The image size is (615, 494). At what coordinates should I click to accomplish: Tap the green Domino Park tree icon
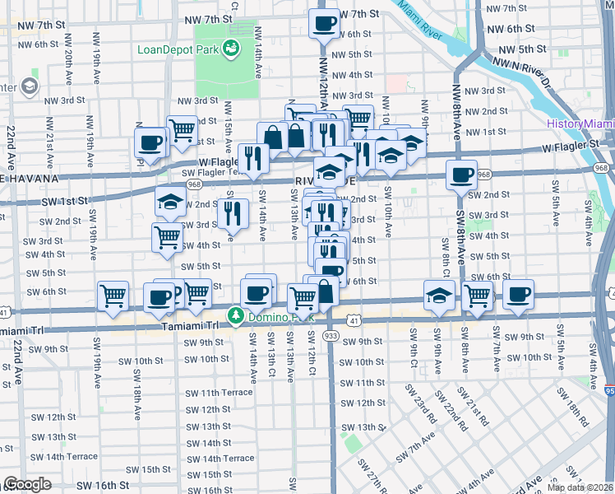click(x=235, y=315)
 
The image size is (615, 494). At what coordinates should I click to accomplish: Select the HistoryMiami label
click(x=580, y=124)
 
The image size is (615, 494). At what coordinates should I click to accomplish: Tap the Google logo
click(x=26, y=484)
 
